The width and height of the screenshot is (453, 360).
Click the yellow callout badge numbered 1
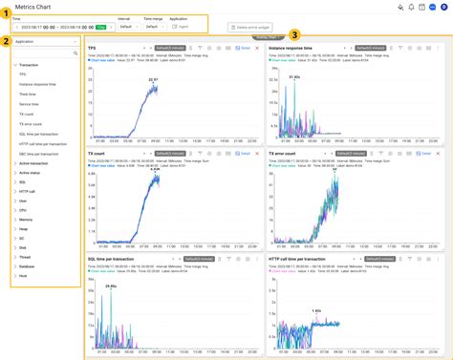pyautogui.click(x=6, y=13)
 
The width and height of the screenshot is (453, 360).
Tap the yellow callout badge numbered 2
pyautogui.click(x=6, y=41)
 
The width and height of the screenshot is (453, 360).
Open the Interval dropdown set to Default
pyautogui.click(x=129, y=27)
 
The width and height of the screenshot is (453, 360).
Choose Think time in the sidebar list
pyautogui.click(x=28, y=95)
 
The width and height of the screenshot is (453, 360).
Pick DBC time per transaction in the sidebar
pyautogui.click(x=39, y=154)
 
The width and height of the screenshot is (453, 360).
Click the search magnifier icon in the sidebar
pyautogui.click(x=74, y=54)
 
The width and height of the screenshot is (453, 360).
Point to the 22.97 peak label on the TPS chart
pyautogui.click(x=153, y=80)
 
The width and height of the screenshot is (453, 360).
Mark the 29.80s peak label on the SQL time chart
pyautogui.click(x=110, y=286)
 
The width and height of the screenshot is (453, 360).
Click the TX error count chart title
pyautogui.click(x=284, y=153)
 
